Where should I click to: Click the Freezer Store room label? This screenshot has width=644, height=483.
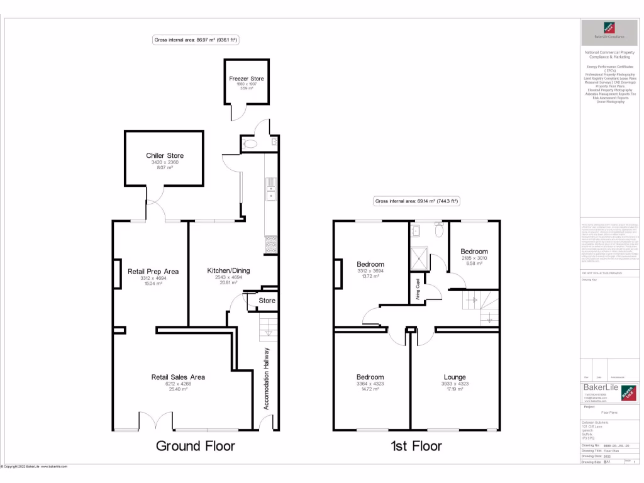point(247,79)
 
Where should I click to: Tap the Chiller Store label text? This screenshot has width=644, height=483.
point(165,155)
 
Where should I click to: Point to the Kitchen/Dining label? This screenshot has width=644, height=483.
point(228,270)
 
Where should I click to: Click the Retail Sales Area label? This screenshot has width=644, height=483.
point(178,377)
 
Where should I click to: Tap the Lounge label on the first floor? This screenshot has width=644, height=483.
point(455,377)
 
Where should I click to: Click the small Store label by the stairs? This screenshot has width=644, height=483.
point(267,301)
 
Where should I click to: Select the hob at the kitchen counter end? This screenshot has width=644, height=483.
point(271,243)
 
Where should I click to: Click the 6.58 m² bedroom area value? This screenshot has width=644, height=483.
point(474,264)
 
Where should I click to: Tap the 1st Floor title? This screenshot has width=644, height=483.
point(416,446)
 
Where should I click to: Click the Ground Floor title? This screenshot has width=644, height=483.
point(195,446)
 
